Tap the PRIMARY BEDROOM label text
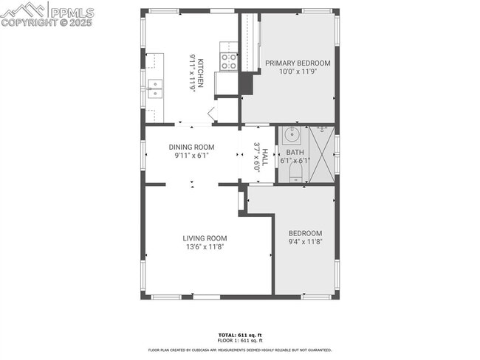click(x=298, y=63)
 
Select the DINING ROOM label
click(x=191, y=147)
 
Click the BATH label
click(x=295, y=152)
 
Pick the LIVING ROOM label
click(x=205, y=238)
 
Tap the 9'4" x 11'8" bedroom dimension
click(x=305, y=242)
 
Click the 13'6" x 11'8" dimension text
click(x=205, y=247)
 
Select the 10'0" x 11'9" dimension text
click(x=298, y=72)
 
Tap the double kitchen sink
click(x=155, y=89)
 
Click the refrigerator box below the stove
click(x=226, y=83)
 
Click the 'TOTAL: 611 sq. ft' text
click(x=240, y=335)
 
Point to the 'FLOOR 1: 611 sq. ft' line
click(x=240, y=340)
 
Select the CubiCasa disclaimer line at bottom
click(x=240, y=350)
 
